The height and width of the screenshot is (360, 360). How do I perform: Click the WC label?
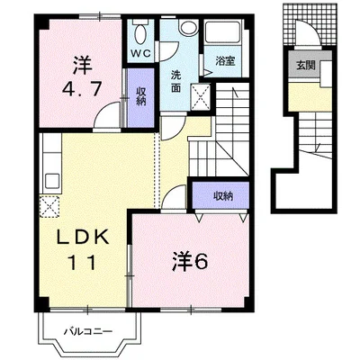click(x=140, y=53)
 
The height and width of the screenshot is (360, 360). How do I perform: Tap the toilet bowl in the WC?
click(x=140, y=33)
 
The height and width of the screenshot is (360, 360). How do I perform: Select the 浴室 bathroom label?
click(x=225, y=61)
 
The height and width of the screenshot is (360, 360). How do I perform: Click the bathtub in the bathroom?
click(x=222, y=32)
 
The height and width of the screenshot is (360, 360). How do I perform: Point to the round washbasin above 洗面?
click(x=188, y=27)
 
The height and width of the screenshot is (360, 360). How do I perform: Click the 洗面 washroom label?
click(x=175, y=81)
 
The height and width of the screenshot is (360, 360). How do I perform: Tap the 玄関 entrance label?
click(x=306, y=65)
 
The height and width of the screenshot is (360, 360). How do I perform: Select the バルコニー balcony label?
click(x=88, y=331)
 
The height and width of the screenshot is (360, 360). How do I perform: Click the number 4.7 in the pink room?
click(x=81, y=89)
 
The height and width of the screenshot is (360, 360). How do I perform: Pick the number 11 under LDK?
click(x=83, y=262)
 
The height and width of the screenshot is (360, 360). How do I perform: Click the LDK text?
click(x=83, y=238)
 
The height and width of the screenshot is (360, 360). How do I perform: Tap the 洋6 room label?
click(x=190, y=261)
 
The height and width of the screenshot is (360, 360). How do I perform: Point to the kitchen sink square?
click(x=52, y=181)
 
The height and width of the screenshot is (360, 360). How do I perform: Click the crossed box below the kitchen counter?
click(x=49, y=206)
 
